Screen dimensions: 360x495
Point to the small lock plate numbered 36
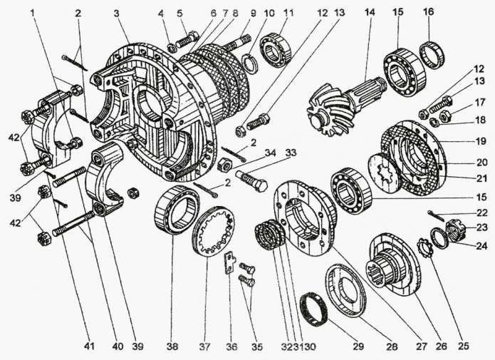click(229, 262)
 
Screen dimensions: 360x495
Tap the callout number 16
click(427, 12)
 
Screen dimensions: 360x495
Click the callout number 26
click(440, 347)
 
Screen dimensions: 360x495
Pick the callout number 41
click(88, 347)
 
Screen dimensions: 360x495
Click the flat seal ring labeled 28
click(345, 289)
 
